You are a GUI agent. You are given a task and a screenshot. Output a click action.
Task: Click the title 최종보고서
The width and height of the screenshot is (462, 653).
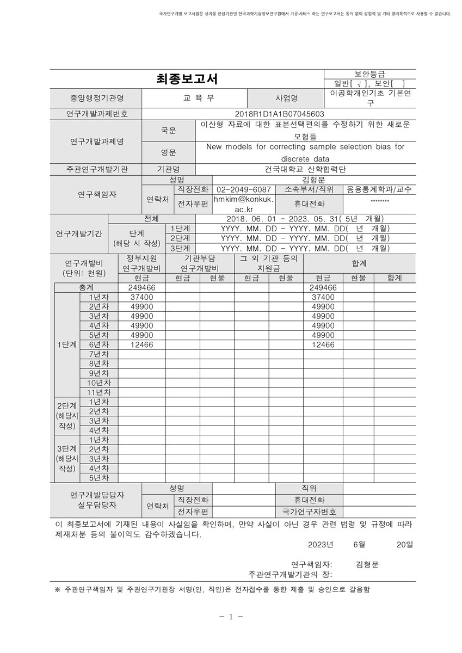pos(187,79)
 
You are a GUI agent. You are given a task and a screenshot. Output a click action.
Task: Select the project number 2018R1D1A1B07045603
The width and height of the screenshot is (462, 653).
pos(279,114)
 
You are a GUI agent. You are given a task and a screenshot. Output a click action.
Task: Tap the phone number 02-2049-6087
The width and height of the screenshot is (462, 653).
pos(243,189)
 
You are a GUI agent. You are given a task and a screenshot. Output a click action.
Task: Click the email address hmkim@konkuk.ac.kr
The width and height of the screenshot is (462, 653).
pos(243,204)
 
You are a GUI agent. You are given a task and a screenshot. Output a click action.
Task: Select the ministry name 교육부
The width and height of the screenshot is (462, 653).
pos(194,98)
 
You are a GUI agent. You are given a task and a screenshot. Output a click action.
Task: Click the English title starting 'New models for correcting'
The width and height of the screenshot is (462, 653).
pos(305,152)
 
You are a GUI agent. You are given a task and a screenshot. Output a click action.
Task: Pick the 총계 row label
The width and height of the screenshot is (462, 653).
pos(85,287)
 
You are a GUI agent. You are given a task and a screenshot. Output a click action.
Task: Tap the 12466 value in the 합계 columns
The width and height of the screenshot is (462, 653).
pos(323,344)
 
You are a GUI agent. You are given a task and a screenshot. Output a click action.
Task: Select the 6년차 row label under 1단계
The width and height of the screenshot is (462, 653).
pos(98,344)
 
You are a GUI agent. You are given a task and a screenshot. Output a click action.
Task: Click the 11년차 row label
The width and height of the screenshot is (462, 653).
pos(98,392)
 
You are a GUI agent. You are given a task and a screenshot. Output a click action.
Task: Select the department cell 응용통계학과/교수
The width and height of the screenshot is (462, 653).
pos(379,189)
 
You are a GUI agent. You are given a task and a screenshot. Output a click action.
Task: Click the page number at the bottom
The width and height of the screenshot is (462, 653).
pos(231,617)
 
